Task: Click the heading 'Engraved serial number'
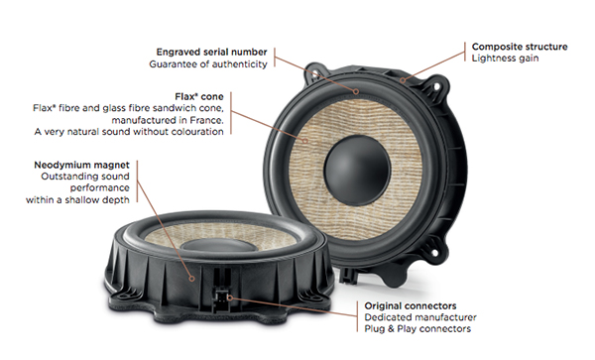click(212, 52)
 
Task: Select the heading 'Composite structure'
click(520, 47)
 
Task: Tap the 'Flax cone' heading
click(199, 96)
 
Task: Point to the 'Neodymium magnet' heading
click(81, 165)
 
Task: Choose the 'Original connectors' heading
click(411, 305)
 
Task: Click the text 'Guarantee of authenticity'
click(208, 64)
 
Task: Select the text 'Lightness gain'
click(505, 59)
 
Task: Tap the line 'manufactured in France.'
click(168, 120)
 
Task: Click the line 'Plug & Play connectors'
click(417, 329)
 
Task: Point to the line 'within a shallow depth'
click(77, 200)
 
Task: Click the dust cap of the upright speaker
click(357, 171)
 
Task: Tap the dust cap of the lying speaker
click(219, 245)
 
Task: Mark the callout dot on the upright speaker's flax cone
click(304, 141)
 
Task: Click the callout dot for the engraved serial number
click(356, 91)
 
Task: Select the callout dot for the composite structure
click(403, 80)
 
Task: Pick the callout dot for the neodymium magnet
click(192, 279)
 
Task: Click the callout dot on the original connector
click(230, 298)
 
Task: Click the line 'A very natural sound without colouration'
click(129, 132)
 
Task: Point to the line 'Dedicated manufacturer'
click(420, 317)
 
